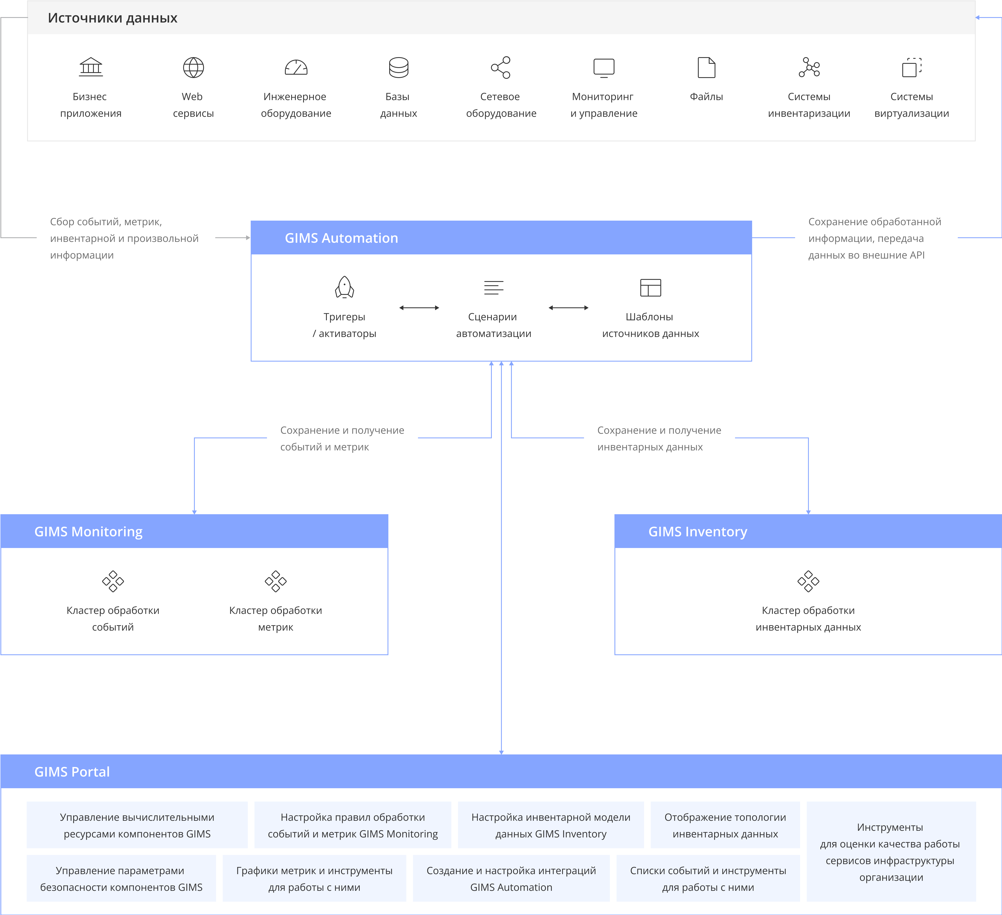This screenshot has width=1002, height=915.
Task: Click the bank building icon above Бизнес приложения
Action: pos(91,67)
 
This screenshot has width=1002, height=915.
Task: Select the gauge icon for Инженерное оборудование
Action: pos(296,68)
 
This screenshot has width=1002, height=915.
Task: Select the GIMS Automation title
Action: pos(341,238)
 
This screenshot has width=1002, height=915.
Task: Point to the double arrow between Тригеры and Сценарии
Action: pos(419,308)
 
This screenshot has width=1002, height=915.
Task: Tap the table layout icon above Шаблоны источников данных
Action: pos(651,287)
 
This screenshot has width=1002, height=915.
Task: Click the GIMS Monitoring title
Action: pos(88,532)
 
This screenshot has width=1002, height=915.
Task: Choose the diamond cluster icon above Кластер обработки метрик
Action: pos(276,581)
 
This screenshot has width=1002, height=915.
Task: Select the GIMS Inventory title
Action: pos(698,532)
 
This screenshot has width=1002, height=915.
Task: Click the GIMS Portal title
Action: pos(72,772)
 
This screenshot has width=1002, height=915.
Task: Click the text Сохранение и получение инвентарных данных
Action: pos(659,438)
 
